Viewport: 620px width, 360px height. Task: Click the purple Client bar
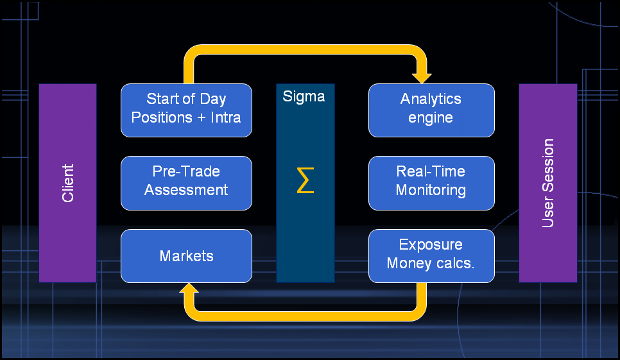(67, 183)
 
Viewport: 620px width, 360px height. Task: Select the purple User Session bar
(547, 183)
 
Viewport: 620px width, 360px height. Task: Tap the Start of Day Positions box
(186, 110)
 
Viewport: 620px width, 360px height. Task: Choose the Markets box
(186, 256)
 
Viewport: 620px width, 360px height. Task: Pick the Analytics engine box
(431, 110)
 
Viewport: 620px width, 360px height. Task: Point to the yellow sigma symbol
(306, 181)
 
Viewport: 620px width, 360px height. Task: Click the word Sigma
(304, 97)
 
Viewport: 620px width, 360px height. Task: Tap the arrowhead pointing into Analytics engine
(422, 76)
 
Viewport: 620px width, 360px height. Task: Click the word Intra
(225, 118)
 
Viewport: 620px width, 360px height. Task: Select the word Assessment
(186, 191)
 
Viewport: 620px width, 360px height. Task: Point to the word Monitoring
(431, 191)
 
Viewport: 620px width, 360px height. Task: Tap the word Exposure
(431, 244)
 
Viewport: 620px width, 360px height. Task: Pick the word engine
(431, 118)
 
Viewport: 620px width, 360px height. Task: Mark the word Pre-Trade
(186, 172)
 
